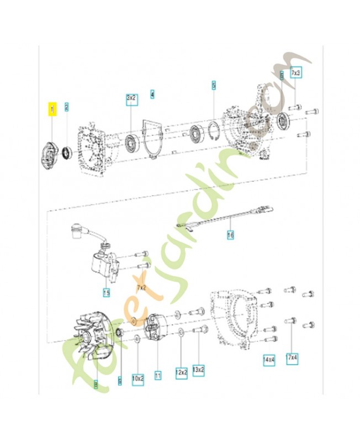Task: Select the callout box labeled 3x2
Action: tap(131, 98)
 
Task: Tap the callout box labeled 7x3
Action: tap(296, 73)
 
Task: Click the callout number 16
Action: tap(230, 235)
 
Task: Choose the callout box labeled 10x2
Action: tap(138, 379)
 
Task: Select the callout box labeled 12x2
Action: tap(182, 372)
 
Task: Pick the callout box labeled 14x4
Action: tap(269, 360)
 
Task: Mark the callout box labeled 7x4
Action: tap(293, 358)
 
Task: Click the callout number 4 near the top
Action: tap(152, 94)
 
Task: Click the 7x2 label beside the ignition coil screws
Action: tap(142, 288)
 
